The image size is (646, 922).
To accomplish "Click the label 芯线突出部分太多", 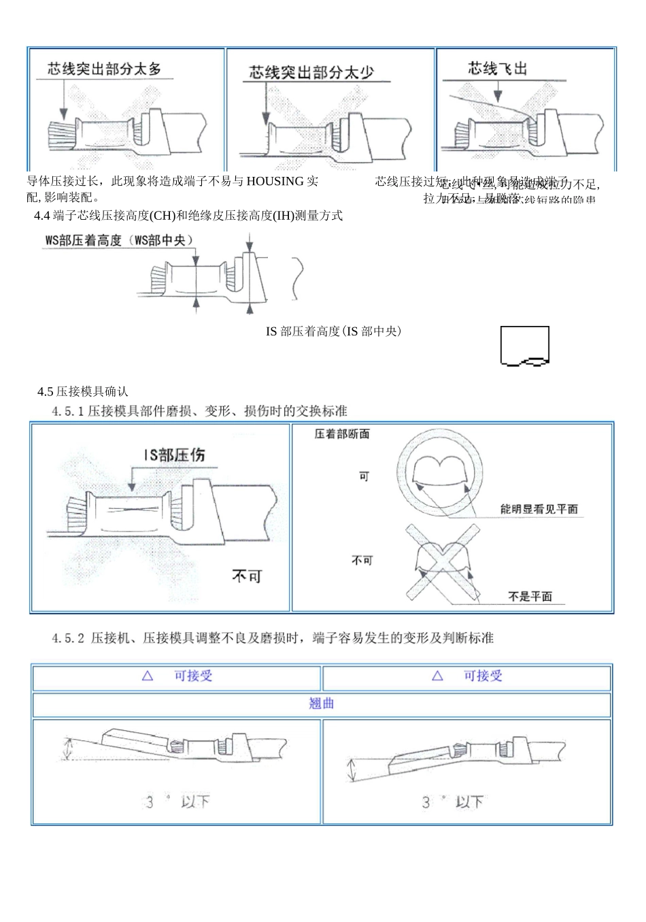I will point(104,69).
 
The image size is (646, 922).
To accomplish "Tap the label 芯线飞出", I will point(497,68).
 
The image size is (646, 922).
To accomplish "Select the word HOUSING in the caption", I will point(275,181).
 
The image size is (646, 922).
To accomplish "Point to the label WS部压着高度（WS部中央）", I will point(119,240).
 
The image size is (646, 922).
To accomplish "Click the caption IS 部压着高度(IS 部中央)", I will point(333,331).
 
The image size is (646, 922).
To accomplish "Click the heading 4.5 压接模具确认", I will point(83,391).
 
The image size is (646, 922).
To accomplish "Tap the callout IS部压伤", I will point(174,455).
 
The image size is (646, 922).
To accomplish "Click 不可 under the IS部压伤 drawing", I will point(246,576).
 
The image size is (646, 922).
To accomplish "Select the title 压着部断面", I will point(342,434).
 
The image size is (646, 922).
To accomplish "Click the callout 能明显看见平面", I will point(539,509).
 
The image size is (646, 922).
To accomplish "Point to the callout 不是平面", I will point(530,597).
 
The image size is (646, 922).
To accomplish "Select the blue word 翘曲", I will point(322,704).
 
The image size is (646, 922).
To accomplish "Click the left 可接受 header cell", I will point(177,676).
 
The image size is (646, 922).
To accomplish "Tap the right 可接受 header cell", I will point(466,676).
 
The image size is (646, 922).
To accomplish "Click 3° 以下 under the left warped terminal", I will point(177,802).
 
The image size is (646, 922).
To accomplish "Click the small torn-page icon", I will point(524,346).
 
